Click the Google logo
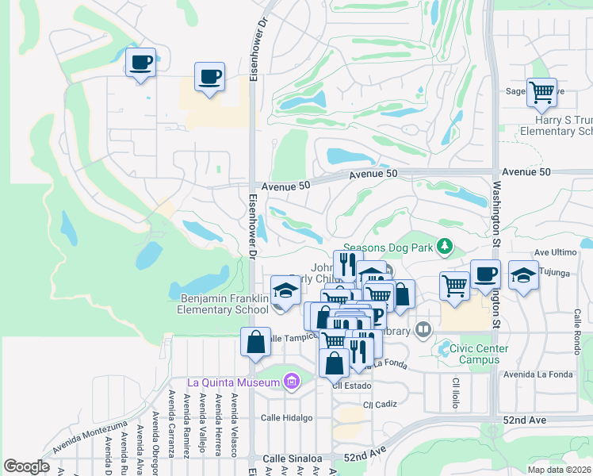click(x=26, y=466)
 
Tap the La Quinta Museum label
click(x=233, y=383)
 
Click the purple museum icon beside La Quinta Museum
click(x=291, y=383)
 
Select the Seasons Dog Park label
click(x=388, y=248)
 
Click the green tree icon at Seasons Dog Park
click(x=446, y=248)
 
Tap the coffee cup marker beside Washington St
click(x=485, y=274)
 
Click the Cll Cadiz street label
click(x=379, y=405)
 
